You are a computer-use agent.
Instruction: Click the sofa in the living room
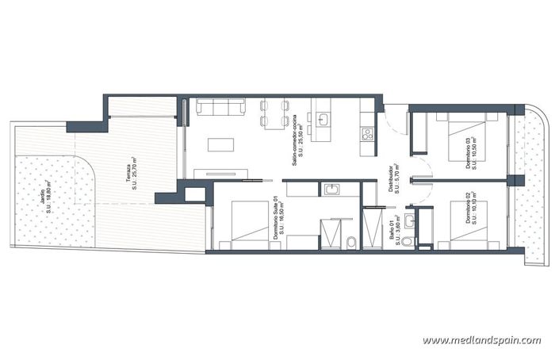(221, 107)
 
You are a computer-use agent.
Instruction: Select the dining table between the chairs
(275, 114)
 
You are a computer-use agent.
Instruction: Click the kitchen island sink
(323, 120)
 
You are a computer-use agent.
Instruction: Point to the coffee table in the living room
(221, 145)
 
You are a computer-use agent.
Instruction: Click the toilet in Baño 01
(408, 239)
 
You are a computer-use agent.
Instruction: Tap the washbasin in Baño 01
(409, 219)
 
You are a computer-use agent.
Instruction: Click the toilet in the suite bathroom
(350, 241)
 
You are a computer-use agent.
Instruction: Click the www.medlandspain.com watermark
(481, 340)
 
